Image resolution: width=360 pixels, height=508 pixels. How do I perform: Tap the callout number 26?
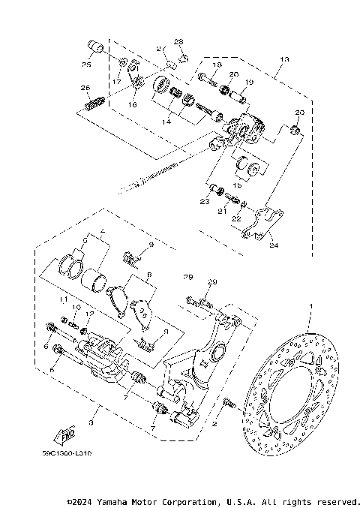85,89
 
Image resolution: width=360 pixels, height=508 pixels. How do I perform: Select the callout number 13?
283,59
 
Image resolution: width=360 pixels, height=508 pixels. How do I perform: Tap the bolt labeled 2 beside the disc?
229,405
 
